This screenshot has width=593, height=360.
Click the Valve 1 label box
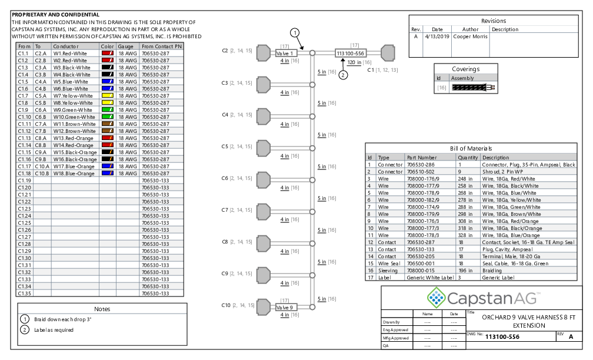point(286,54)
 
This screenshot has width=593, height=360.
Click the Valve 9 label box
point(286,308)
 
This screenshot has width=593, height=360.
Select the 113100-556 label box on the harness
point(351,54)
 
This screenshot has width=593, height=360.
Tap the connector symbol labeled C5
point(264,148)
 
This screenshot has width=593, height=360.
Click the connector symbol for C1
point(388,53)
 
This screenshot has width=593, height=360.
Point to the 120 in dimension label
point(354,62)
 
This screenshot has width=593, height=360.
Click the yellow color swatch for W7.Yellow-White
point(108,96)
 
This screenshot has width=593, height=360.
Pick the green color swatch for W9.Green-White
point(108,109)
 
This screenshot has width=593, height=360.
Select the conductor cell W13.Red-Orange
point(74,138)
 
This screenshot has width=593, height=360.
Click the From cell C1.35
point(25,294)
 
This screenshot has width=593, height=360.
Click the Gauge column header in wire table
point(125,46)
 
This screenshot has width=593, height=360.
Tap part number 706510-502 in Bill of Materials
point(421,172)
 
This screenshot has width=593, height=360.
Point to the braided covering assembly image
point(474,88)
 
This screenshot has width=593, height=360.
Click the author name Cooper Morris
point(471,36)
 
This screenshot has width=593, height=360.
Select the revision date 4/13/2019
point(437,36)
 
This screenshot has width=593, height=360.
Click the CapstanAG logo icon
point(436,298)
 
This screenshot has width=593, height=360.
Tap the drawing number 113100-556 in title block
point(502,336)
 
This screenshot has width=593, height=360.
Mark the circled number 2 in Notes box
point(25,330)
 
